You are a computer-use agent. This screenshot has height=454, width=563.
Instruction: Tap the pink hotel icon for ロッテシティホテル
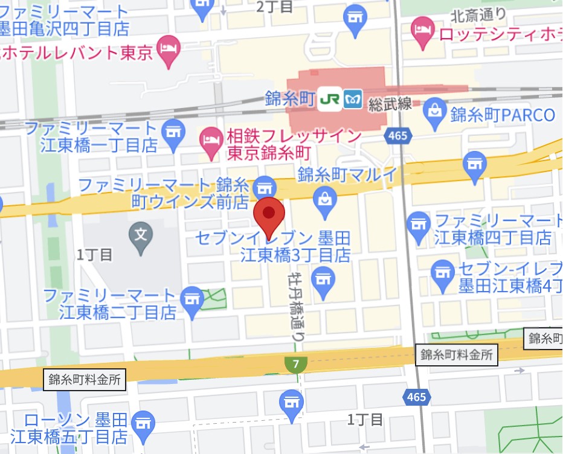point(421,27)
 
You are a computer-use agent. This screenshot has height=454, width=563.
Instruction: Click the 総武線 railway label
point(390,103)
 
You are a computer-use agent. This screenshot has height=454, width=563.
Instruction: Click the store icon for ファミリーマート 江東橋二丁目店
point(193,299)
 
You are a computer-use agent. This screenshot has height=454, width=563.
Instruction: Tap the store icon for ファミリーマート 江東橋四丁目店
point(419,223)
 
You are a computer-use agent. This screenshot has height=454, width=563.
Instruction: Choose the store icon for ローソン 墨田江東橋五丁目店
point(143,424)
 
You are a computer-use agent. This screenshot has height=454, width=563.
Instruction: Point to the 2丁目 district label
point(274,7)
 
